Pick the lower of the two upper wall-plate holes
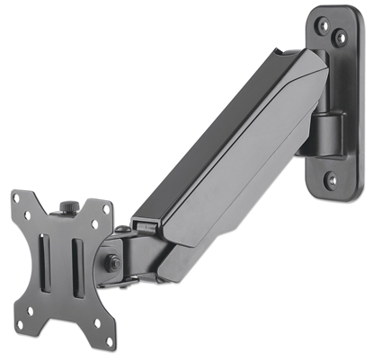pyautogui.click(x=341, y=39)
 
